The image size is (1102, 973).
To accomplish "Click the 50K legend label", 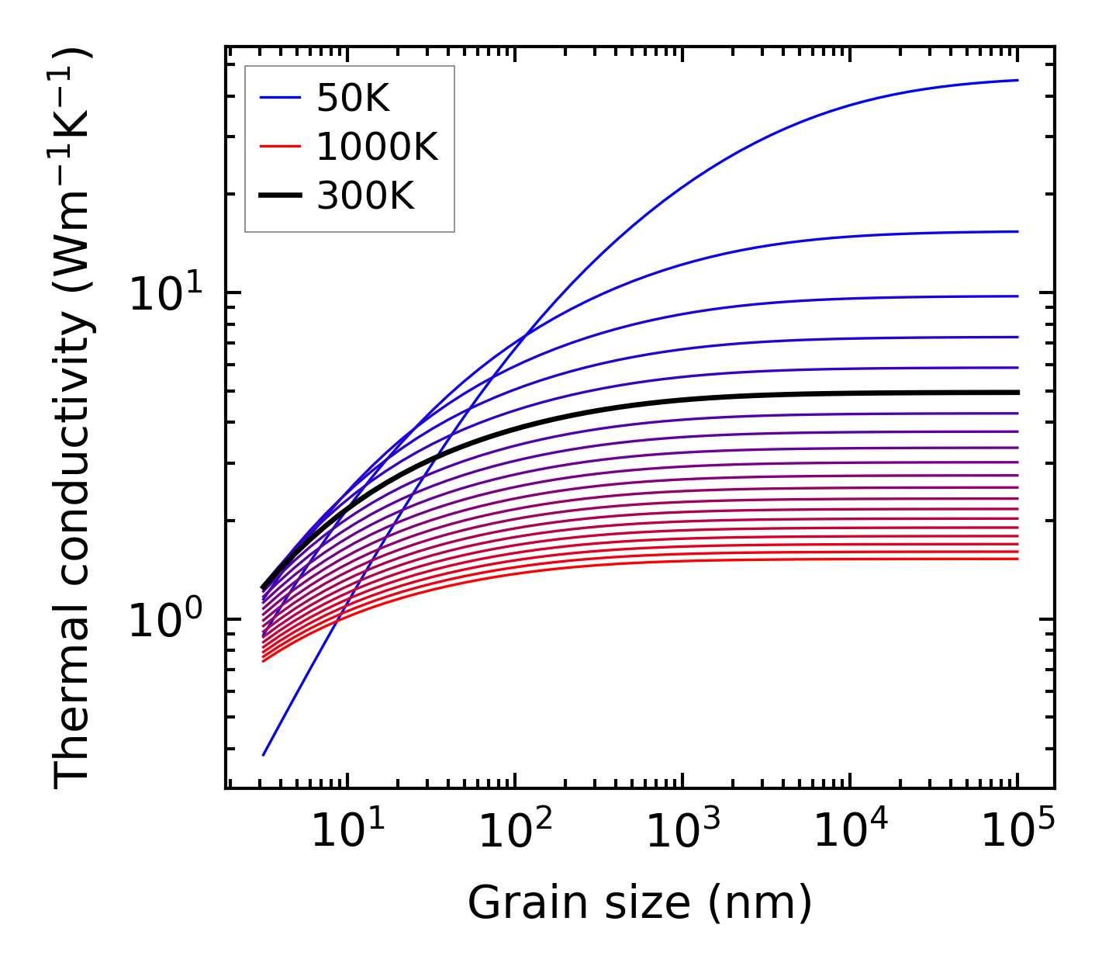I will [x=352, y=99].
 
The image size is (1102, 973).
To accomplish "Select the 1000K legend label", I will [x=377, y=147].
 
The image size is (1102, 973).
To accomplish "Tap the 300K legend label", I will [x=365, y=196].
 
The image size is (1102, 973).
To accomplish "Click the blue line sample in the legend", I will [x=280, y=98].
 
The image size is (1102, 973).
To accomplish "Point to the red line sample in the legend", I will [x=280, y=147].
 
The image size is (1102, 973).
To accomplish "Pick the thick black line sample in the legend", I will [x=280, y=196].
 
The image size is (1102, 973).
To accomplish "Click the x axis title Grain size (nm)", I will [x=640, y=903].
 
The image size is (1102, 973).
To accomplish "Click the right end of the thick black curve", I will [x=1017, y=393].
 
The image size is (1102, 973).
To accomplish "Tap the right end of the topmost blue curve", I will [x=1017, y=80].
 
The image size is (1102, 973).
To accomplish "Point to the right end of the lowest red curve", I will [x=1017, y=559].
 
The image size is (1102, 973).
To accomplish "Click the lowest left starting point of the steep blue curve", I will [x=264, y=754].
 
